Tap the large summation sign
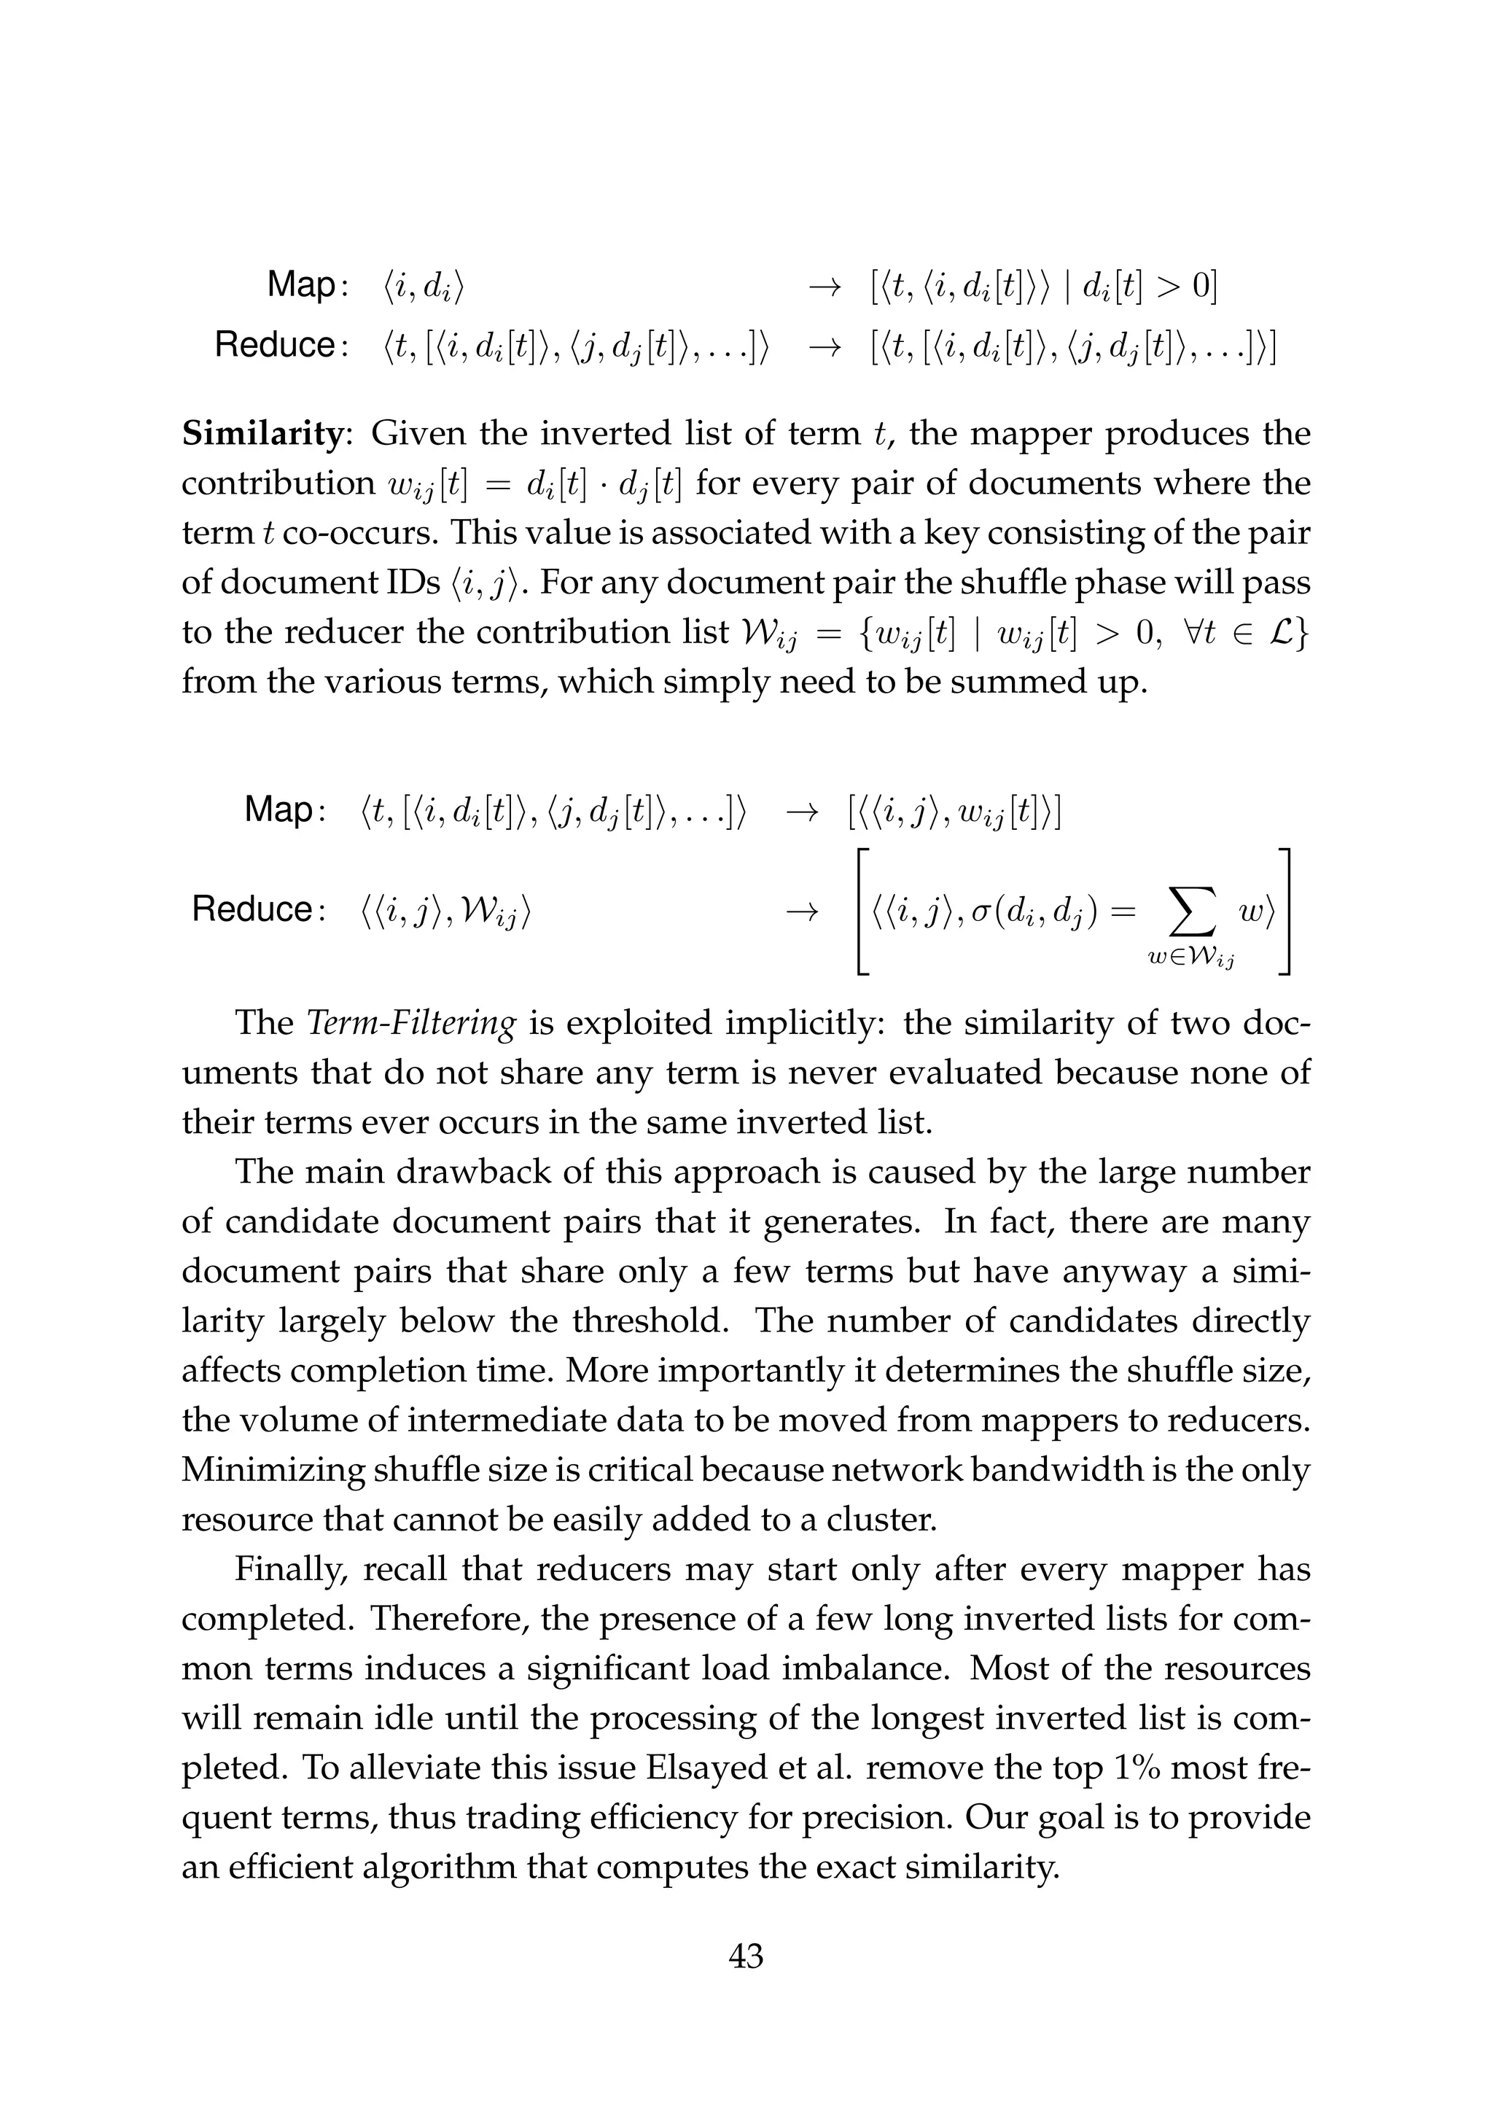coord(1190,913)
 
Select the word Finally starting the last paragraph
coord(289,1570)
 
